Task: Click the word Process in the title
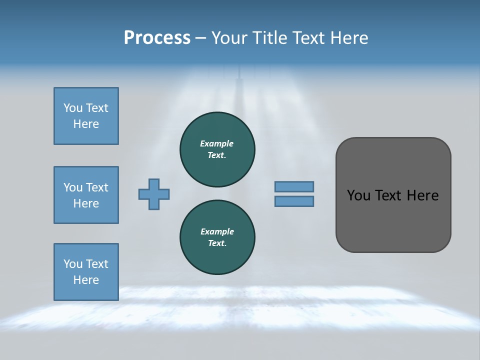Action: (157, 38)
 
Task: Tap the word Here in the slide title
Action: (349, 38)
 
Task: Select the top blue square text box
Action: (86, 116)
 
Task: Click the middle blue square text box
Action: (86, 195)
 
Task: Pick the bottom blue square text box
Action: (86, 271)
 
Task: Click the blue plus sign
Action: (154, 194)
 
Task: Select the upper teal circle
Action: (217, 149)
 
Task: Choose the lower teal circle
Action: (217, 237)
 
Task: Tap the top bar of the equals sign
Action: (294, 186)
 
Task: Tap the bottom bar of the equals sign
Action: (294, 201)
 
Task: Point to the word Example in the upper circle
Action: (217, 143)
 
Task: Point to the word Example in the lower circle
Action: (217, 231)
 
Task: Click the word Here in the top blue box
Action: (86, 124)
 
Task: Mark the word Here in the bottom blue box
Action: (86, 280)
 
